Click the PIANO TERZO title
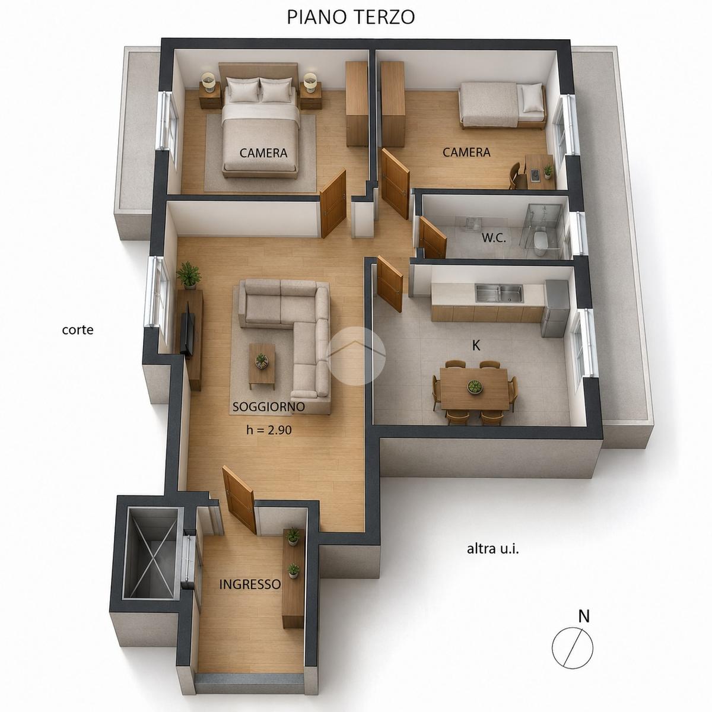click(x=351, y=17)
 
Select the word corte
click(x=78, y=329)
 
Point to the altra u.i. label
click(x=493, y=549)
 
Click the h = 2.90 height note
click(x=269, y=430)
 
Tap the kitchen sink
click(x=500, y=293)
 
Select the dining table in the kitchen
click(x=475, y=389)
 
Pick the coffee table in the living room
click(x=262, y=364)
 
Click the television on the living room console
click(x=187, y=329)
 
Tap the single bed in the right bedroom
click(x=503, y=106)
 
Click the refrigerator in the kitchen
click(x=555, y=308)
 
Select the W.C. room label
click(x=494, y=238)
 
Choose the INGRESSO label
click(x=250, y=584)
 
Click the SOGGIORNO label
click(x=269, y=407)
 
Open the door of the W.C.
click(x=433, y=237)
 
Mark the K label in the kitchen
click(x=476, y=345)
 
